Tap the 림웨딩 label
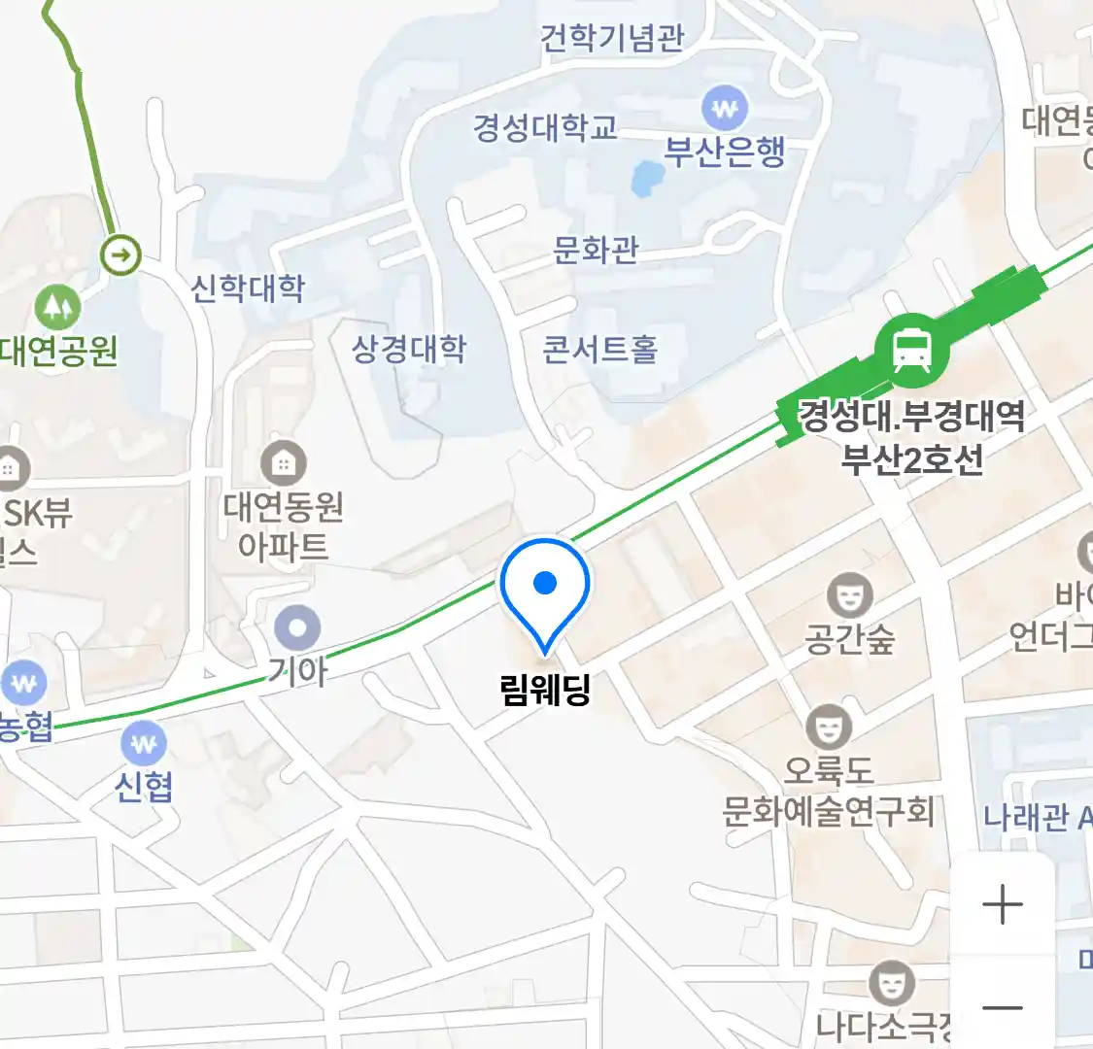click(545, 690)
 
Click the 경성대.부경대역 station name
click(910, 416)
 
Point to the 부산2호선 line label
click(911, 458)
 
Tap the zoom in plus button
click(1003, 905)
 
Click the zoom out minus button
click(1003, 1007)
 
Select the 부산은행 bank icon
click(725, 109)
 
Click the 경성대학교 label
click(545, 127)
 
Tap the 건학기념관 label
click(613, 38)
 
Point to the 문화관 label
click(596, 250)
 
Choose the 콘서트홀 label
click(600, 349)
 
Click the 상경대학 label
click(409, 349)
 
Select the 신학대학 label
click(248, 288)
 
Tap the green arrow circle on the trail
click(121, 256)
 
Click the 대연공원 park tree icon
click(57, 307)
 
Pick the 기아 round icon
click(297, 627)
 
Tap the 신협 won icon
click(144, 745)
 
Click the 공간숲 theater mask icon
click(849, 594)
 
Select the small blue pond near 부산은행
click(648, 178)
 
